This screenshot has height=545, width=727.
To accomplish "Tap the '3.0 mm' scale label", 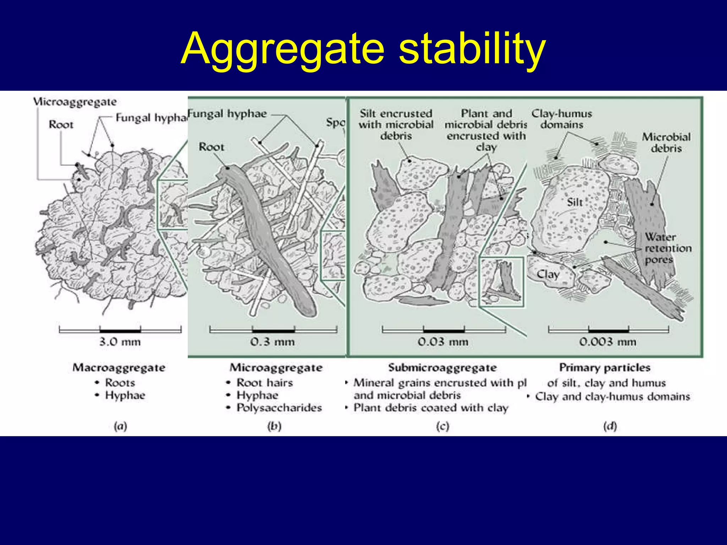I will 120,342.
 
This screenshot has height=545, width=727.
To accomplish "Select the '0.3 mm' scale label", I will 272,342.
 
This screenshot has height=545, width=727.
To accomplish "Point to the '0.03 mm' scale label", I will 443,342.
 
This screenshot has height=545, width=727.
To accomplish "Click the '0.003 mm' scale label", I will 607,342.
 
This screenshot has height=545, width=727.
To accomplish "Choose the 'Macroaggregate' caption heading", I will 119,368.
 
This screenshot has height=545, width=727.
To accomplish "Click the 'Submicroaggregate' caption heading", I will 442,368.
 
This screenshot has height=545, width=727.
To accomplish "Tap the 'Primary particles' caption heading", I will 605,368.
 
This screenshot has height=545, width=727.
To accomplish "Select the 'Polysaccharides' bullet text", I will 279,408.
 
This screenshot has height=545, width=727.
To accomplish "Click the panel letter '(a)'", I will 120,426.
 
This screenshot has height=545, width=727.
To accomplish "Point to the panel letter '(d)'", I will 610,426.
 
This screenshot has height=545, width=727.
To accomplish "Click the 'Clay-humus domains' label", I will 562,119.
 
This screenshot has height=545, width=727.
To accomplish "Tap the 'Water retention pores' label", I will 668,248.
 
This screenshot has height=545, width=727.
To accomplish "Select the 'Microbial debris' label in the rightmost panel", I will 666,142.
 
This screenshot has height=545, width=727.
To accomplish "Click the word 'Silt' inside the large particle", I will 575,202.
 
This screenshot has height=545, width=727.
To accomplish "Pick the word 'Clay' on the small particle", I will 548,274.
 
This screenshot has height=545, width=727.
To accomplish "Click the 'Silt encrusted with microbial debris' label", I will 396,125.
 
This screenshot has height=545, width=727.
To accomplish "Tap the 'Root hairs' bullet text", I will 264,382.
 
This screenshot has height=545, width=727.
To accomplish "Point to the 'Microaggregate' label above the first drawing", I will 75,102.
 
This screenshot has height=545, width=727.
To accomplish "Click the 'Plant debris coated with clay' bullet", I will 431,408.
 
